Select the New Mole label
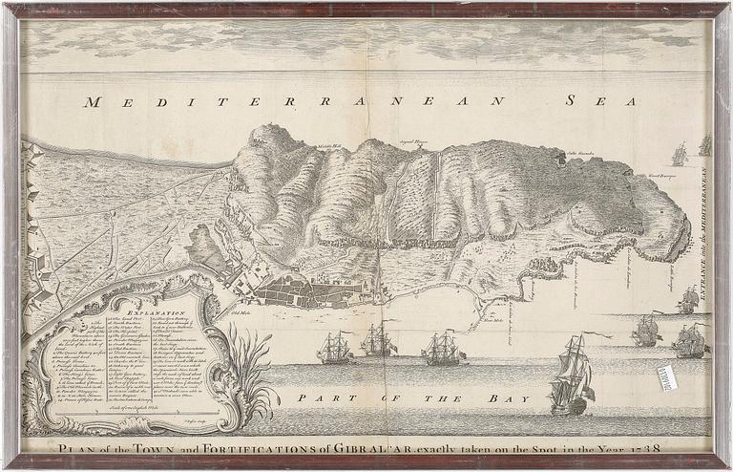click(x=492, y=322)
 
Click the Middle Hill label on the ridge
click(x=330, y=145)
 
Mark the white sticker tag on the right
click(x=667, y=377)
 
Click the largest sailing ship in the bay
click(x=573, y=377)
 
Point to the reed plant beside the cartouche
click(x=246, y=373)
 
